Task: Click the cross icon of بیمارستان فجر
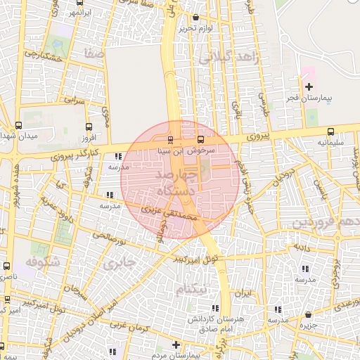click(309, 86)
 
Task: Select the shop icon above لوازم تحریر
click(195, 18)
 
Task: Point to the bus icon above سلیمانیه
click(330, 131)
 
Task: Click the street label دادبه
click(302, 248)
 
